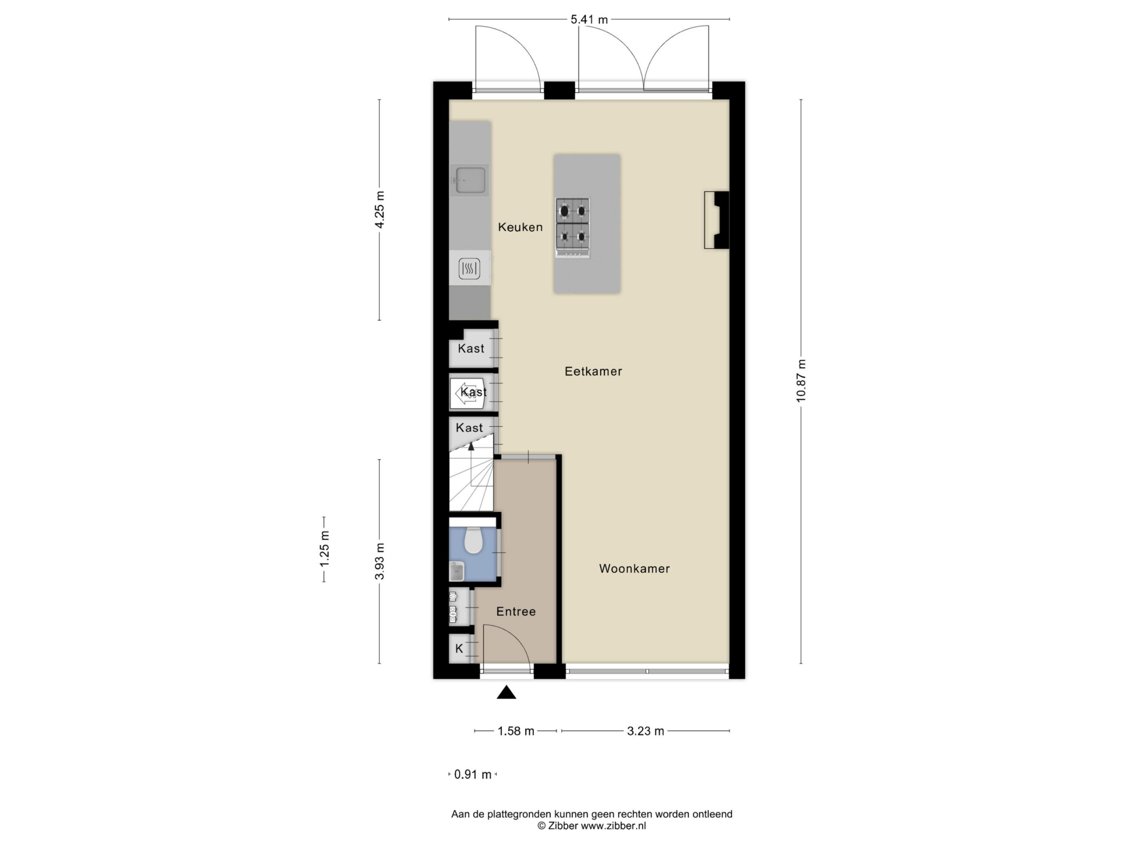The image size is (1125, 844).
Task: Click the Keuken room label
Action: (520, 227)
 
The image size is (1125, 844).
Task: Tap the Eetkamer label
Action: (593, 371)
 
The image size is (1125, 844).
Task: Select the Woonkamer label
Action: (634, 569)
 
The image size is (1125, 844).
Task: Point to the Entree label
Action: (516, 611)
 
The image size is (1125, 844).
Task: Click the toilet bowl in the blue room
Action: (473, 540)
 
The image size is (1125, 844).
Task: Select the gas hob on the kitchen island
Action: (573, 227)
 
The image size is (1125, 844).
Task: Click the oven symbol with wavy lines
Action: (469, 268)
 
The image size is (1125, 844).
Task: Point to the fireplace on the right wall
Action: (717, 220)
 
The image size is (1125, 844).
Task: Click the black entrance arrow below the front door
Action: (506, 692)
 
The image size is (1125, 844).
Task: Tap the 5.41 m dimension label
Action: (589, 20)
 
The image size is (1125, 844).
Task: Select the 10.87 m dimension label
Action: (801, 381)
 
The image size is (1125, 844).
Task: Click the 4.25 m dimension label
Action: (379, 210)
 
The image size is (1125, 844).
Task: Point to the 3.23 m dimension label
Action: (646, 731)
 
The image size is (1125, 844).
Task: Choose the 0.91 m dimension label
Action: (472, 774)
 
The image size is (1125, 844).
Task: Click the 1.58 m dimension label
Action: (516, 731)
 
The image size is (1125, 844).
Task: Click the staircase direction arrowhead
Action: (471, 446)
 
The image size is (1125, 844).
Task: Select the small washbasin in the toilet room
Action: (456, 571)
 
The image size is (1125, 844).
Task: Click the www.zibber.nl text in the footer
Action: (613, 826)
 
